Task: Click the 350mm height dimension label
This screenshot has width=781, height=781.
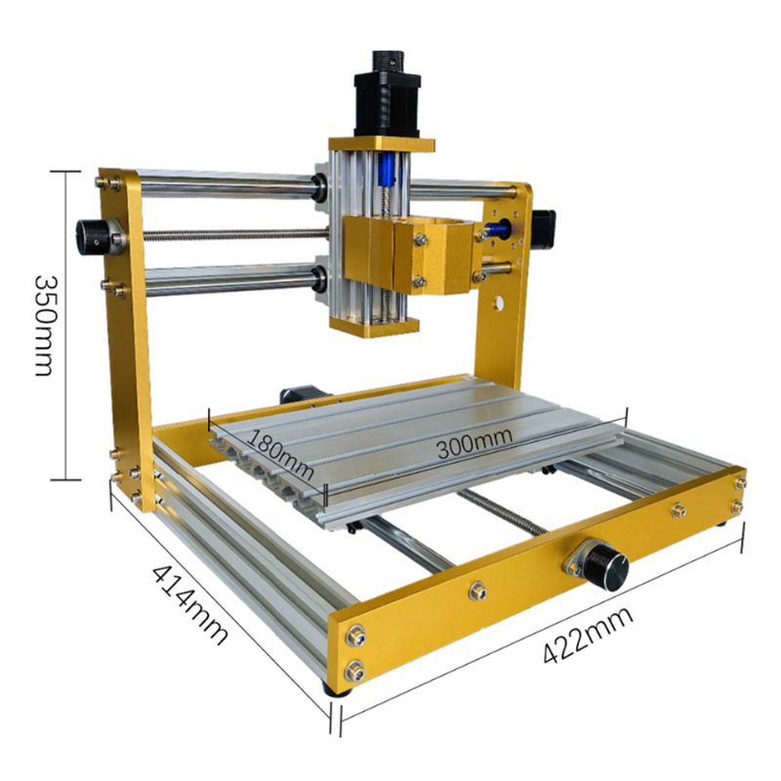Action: tap(43, 326)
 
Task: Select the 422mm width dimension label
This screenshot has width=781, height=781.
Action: tap(588, 635)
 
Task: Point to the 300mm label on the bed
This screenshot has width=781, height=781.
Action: tap(474, 442)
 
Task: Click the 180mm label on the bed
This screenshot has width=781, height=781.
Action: tap(280, 454)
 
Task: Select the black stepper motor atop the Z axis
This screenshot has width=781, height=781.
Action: tap(387, 94)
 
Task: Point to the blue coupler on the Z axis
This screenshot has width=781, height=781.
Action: tap(388, 170)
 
